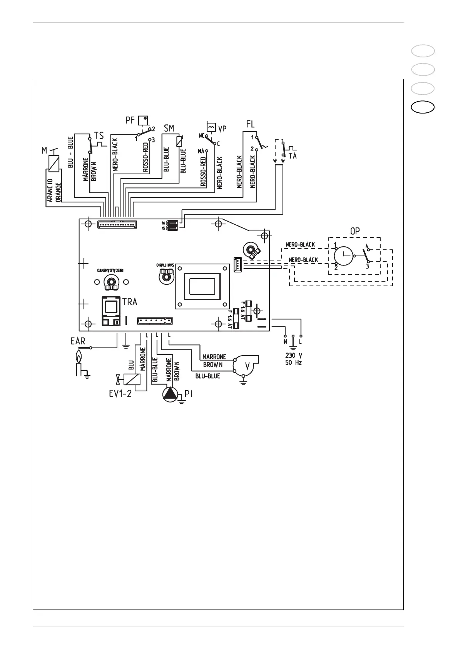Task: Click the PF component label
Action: (130, 120)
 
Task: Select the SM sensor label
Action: (169, 128)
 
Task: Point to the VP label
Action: (222, 128)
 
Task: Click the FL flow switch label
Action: (250, 125)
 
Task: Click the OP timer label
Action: (354, 232)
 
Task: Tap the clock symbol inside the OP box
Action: (344, 256)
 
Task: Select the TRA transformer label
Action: (130, 302)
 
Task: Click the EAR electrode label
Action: (78, 341)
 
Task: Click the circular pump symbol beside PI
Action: (169, 395)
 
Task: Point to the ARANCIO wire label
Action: (50, 190)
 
